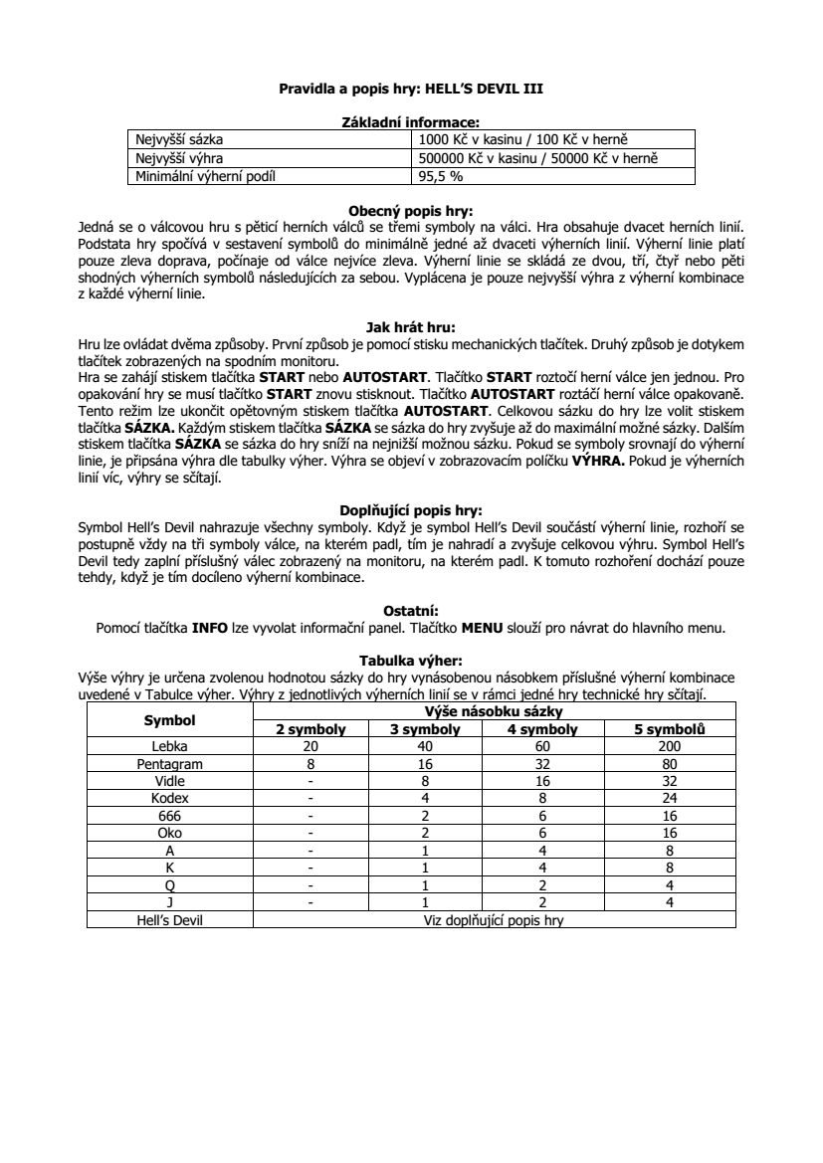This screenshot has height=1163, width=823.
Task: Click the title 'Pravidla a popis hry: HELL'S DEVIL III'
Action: pos(411,89)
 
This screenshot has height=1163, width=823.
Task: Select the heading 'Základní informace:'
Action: pos(411,121)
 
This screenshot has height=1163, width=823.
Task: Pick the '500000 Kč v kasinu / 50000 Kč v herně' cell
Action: pos(539,158)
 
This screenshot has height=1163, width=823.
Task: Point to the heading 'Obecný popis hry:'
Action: pos(411,211)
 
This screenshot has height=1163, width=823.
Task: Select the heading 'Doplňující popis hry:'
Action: pos(411,510)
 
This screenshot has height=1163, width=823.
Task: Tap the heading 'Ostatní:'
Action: pos(411,610)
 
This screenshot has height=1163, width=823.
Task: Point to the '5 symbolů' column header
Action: pos(670,729)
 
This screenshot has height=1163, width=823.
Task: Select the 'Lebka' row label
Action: pos(169,746)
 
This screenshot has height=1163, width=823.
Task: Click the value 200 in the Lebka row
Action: pos(670,746)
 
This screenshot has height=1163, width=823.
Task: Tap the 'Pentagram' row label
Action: pos(169,763)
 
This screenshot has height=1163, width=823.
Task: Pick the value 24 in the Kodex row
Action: pos(670,798)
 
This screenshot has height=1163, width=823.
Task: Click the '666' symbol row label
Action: pos(169,815)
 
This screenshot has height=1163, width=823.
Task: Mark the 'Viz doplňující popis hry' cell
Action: pos(494,920)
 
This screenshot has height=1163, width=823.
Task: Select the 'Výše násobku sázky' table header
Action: pos(494,712)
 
